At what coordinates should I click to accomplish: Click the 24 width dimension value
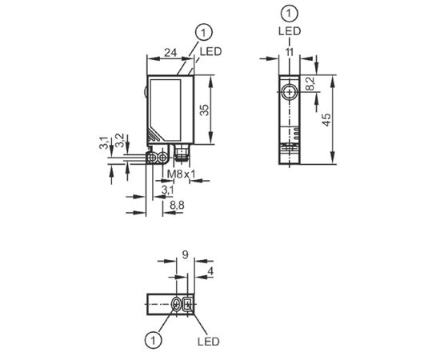[x=170, y=53]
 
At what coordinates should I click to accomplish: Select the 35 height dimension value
[x=205, y=110]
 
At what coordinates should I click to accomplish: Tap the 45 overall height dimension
[x=326, y=120]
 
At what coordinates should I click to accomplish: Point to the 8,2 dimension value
[x=310, y=84]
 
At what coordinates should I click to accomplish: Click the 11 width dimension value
[x=289, y=52]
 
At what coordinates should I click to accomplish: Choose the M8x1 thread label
[x=181, y=174]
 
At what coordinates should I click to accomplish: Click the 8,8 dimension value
[x=177, y=206]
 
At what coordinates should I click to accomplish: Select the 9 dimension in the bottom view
[x=186, y=254]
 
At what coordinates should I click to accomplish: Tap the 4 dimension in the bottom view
[x=210, y=271]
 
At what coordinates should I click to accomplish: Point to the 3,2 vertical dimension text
[x=120, y=141]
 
